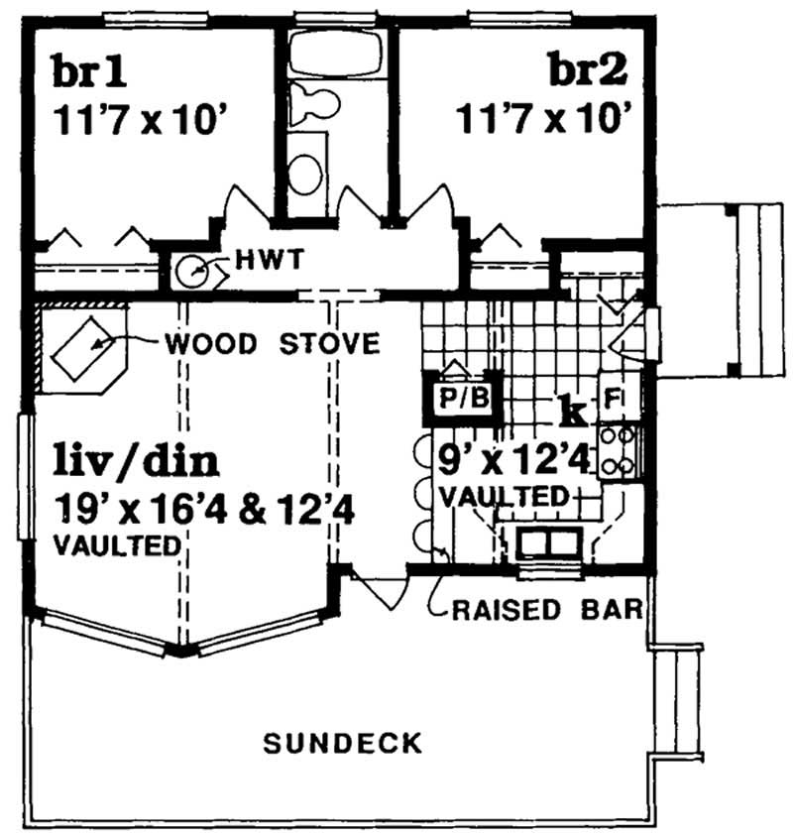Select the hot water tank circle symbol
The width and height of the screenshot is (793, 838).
click(195, 268)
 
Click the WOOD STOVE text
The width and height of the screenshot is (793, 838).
click(274, 345)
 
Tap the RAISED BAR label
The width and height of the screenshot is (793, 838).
click(548, 608)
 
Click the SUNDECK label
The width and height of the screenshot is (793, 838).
click(343, 742)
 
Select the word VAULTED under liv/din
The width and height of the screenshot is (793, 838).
click(118, 544)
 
